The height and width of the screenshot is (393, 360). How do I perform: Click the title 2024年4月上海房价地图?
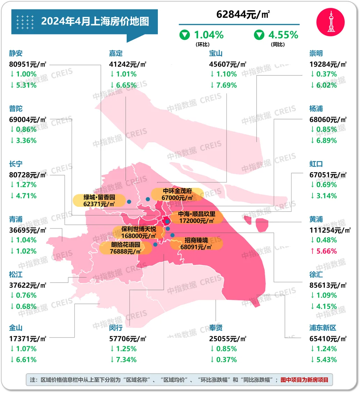[x=95, y=21]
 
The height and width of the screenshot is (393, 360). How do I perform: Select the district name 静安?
[x=16, y=53]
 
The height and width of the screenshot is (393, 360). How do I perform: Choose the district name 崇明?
[x=316, y=53]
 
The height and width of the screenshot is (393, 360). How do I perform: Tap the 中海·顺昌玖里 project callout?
[x=197, y=217]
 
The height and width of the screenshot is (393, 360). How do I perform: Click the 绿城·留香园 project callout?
[x=99, y=200]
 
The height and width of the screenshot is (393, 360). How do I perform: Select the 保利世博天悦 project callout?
[x=138, y=232]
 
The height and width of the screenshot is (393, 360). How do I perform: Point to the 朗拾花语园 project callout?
[x=126, y=248]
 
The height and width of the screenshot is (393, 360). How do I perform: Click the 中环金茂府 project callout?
[x=177, y=194]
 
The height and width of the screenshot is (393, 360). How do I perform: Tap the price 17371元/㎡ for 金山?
[x=28, y=339]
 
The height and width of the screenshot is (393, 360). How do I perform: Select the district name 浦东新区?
[x=323, y=328]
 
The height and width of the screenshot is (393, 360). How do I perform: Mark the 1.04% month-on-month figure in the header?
[x=208, y=35]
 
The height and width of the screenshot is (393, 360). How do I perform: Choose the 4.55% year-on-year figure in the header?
[x=283, y=35]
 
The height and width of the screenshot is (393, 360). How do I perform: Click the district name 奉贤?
[x=216, y=328]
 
